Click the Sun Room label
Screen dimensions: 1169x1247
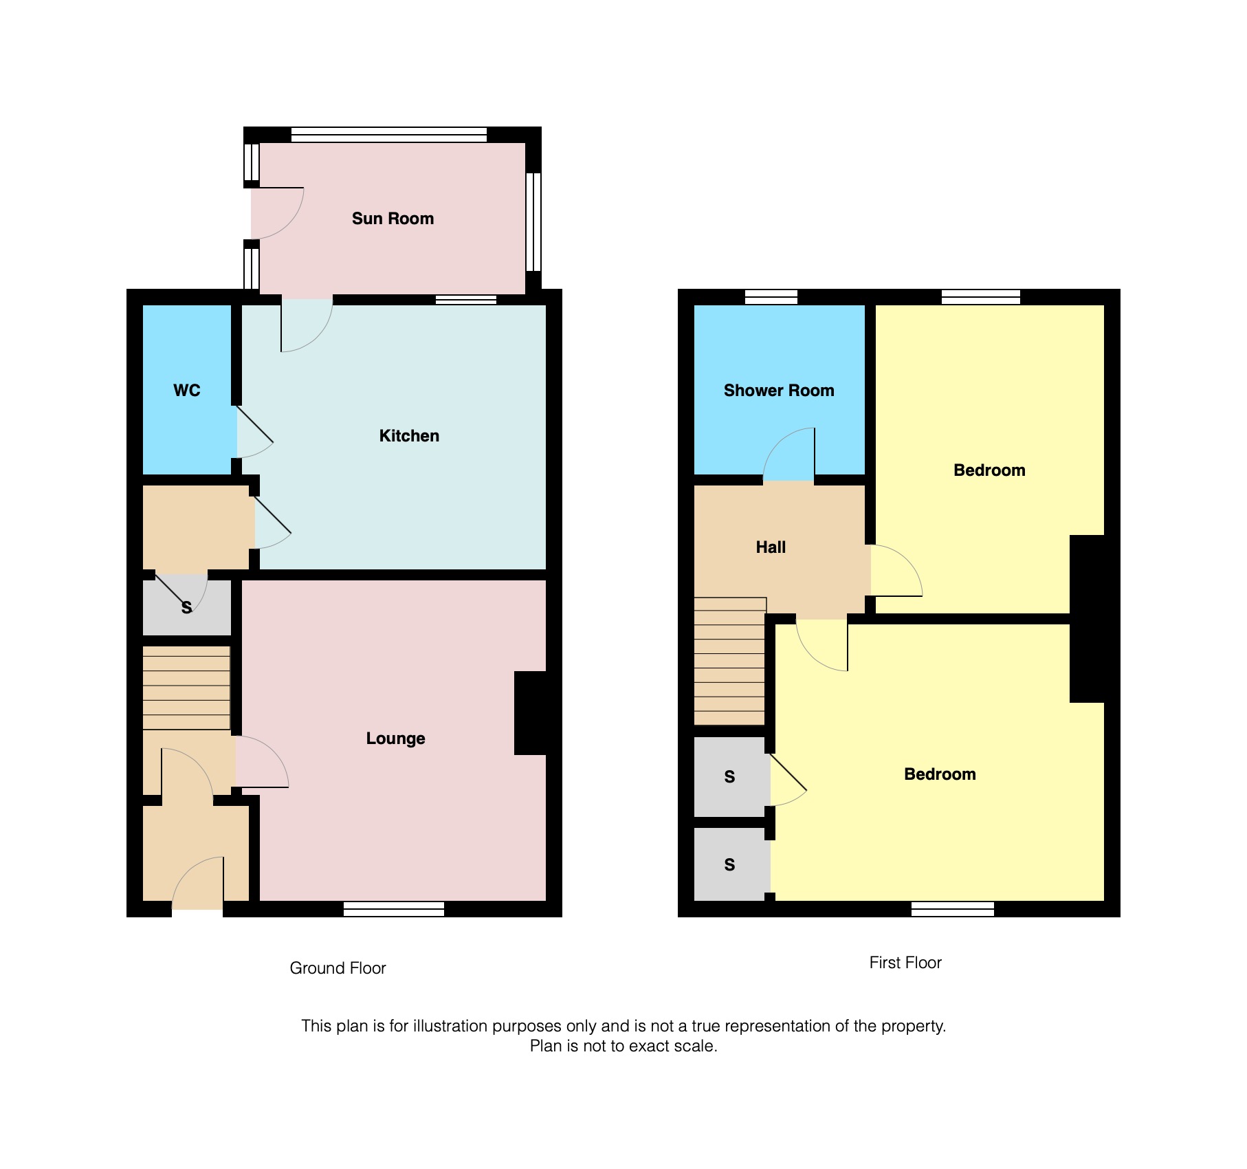click(393, 219)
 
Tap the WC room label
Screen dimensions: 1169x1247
click(186, 391)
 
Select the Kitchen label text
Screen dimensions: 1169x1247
click(409, 436)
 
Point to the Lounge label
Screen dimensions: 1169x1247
click(395, 739)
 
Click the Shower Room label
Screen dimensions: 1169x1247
click(779, 391)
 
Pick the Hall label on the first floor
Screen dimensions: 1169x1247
click(771, 547)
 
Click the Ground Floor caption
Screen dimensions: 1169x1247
click(338, 968)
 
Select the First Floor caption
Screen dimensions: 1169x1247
click(905, 963)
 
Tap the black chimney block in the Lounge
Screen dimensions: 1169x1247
click(530, 713)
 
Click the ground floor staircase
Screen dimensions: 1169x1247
click(186, 687)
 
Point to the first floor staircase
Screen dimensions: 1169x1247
click(729, 661)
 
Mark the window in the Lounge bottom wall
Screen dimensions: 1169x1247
click(394, 909)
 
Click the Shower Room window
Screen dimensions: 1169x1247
click(771, 297)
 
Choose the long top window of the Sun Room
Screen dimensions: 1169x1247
click(389, 135)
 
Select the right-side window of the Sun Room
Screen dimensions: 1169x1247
click(533, 221)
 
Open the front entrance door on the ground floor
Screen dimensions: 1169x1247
click(199, 884)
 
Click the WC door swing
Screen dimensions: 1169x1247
click(253, 433)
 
